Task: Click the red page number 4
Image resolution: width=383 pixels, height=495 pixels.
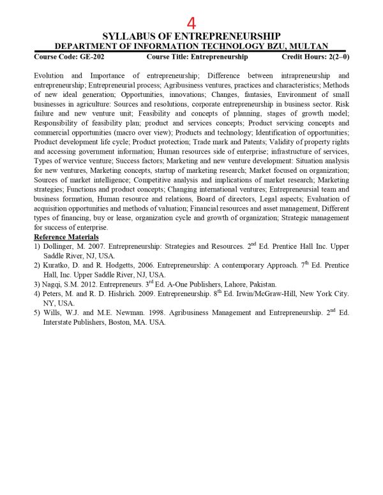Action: (191, 23)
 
